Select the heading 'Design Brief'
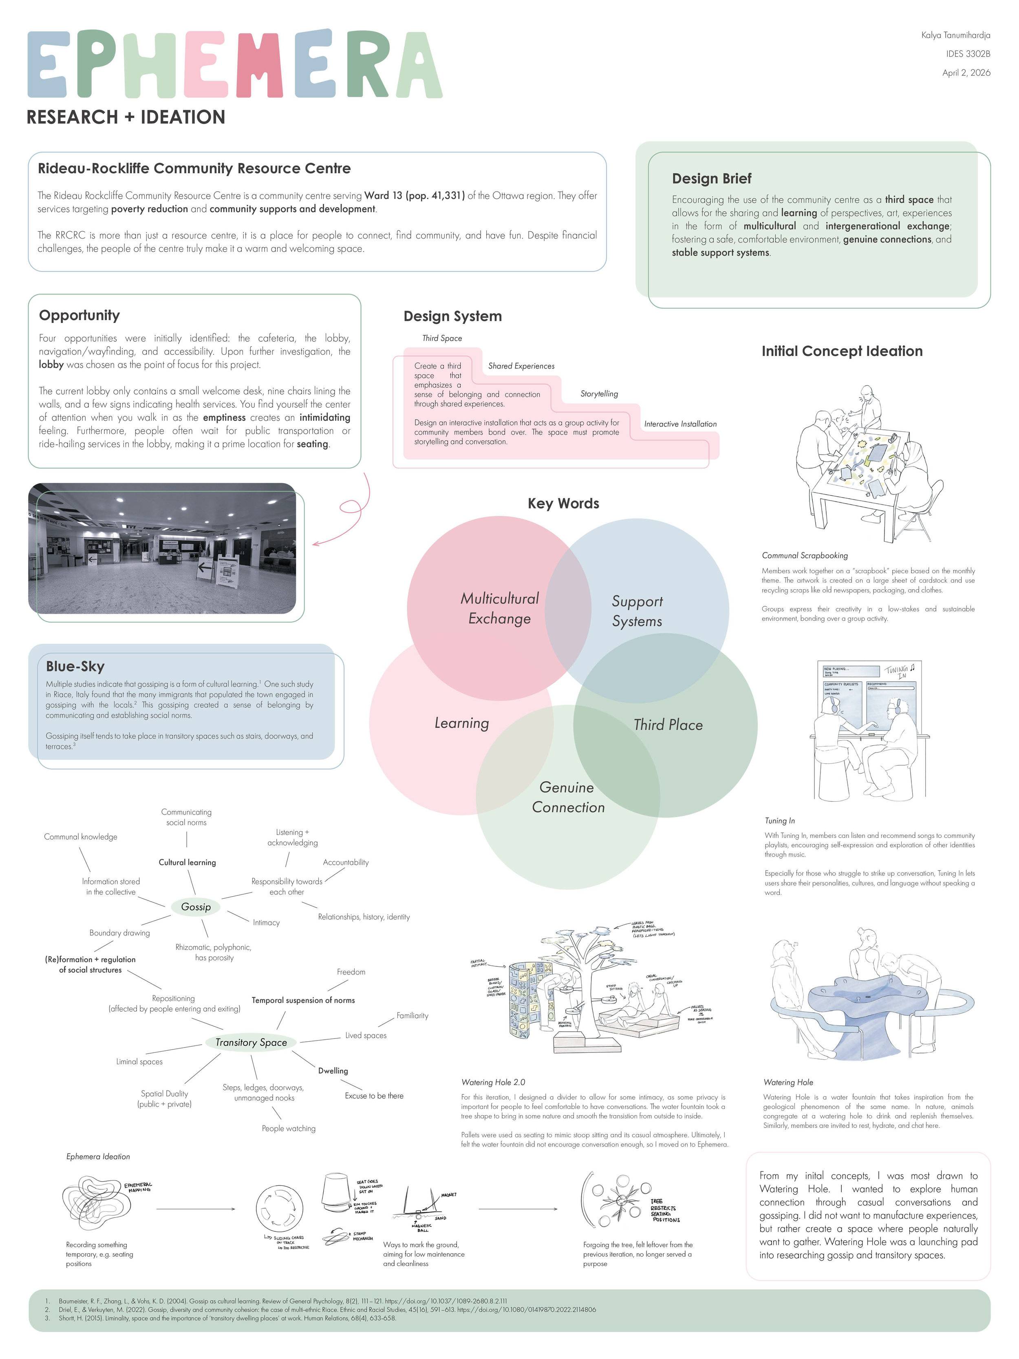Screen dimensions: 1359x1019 coord(711,179)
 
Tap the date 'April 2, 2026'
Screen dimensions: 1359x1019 coord(966,73)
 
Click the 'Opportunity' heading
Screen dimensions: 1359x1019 coord(79,315)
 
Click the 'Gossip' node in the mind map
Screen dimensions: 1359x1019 coord(195,907)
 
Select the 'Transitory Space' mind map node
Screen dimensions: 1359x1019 coord(251,1043)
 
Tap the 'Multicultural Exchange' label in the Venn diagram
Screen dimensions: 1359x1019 coord(499,608)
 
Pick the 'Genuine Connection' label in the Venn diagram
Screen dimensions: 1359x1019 coord(567,798)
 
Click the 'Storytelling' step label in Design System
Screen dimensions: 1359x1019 coord(599,394)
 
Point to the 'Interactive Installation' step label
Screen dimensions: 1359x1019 coord(680,424)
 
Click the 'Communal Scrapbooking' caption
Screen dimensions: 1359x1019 coord(805,555)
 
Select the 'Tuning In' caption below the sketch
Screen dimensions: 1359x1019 coord(779,821)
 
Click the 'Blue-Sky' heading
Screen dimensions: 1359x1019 coord(75,667)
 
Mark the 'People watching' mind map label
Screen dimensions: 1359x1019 coord(288,1129)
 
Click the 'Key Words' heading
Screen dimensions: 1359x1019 coord(563,504)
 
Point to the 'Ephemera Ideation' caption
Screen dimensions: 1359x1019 coord(98,1157)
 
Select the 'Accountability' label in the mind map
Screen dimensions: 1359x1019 coord(346,863)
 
